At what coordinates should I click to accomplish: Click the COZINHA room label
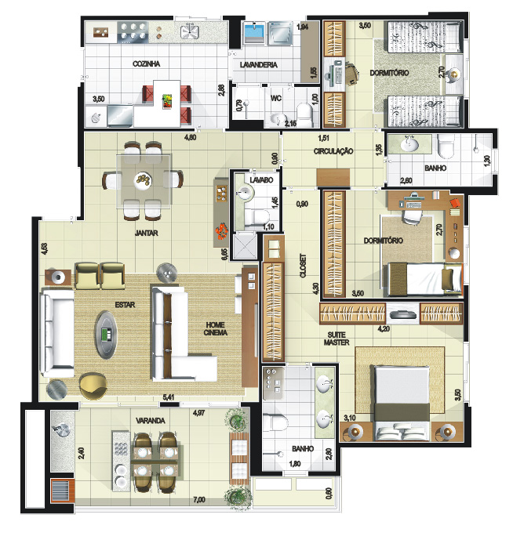pyautogui.click(x=146, y=64)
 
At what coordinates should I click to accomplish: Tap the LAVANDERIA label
pyautogui.click(x=258, y=64)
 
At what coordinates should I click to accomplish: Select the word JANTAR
pyautogui.click(x=146, y=234)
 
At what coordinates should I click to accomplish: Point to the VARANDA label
pyautogui.click(x=151, y=421)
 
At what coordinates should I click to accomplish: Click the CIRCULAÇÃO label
pyautogui.click(x=333, y=151)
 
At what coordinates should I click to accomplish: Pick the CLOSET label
pyautogui.click(x=304, y=266)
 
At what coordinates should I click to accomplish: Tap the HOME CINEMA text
pyautogui.click(x=215, y=328)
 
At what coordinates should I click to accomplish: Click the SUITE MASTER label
pyautogui.click(x=337, y=339)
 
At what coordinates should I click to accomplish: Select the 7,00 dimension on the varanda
pyautogui.click(x=199, y=499)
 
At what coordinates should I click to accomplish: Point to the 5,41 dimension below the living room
pyautogui.click(x=169, y=397)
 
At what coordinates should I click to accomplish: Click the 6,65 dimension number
pyautogui.click(x=224, y=255)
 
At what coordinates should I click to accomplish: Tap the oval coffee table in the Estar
pyautogui.click(x=106, y=335)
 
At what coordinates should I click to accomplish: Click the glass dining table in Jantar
pyautogui.click(x=144, y=181)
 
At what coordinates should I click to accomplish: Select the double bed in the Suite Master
pyautogui.click(x=402, y=404)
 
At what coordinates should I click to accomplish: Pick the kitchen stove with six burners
pyautogui.click(x=133, y=32)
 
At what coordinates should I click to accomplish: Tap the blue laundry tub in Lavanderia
pyautogui.click(x=255, y=33)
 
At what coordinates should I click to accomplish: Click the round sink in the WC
pyautogui.click(x=278, y=119)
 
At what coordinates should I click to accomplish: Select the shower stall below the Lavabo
pyautogui.click(x=245, y=245)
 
